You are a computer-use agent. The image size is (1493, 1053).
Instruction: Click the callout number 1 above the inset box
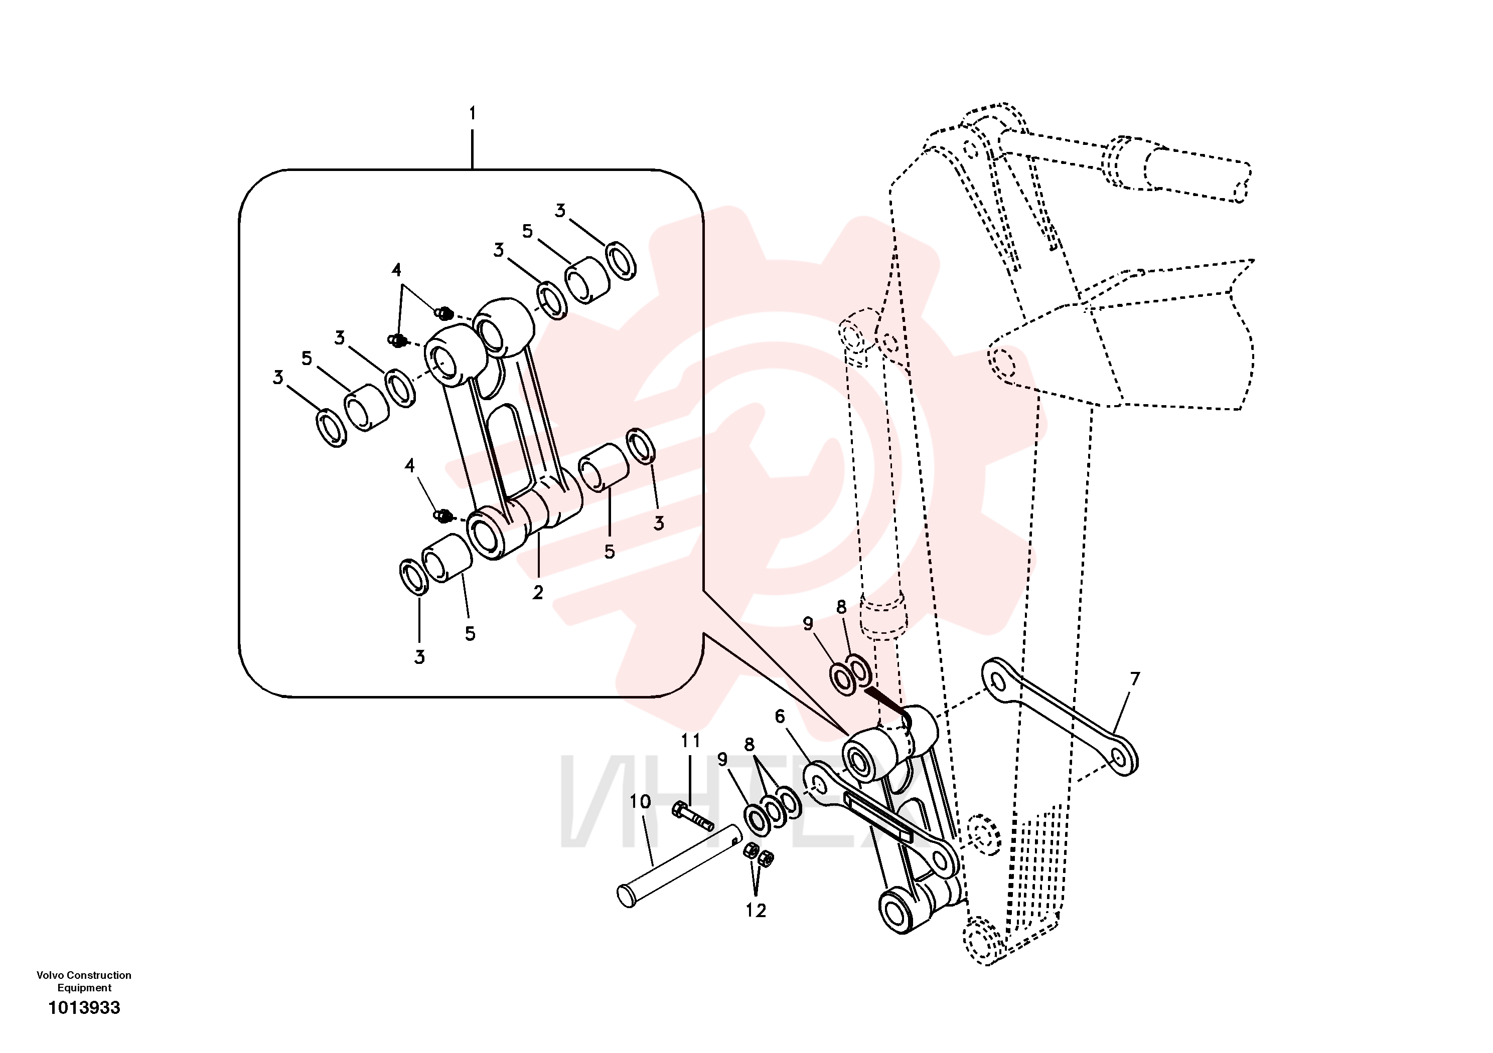473,113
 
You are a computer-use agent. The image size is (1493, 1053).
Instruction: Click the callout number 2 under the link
538,593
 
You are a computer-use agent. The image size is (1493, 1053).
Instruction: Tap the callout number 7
1135,678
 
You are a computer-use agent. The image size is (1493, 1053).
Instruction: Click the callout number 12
756,911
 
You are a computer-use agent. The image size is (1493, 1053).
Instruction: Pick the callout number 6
780,717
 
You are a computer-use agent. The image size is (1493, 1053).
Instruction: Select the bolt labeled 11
692,817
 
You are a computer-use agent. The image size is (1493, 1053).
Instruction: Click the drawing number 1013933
85,1007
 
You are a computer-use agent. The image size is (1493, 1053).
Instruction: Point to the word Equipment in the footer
85,988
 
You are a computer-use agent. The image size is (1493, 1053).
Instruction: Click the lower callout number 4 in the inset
410,465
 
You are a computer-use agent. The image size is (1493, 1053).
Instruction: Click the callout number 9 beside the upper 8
808,623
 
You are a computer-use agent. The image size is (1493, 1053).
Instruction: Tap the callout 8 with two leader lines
749,744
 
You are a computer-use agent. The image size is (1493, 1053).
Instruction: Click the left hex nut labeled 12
750,851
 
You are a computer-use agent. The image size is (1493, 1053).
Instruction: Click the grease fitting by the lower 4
443,516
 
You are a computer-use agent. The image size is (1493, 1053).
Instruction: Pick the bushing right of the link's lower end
604,467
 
